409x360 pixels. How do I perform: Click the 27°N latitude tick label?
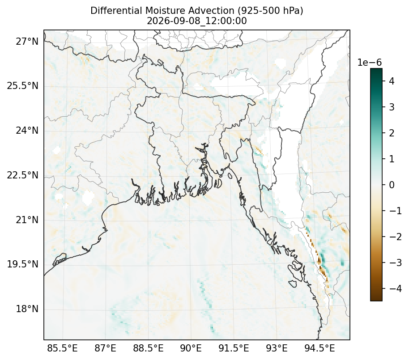[27, 41]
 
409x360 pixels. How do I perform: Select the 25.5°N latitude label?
[23, 86]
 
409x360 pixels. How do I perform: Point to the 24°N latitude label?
[27, 130]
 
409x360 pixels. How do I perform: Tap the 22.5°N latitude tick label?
[23, 175]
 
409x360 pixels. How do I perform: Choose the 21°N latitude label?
[27, 220]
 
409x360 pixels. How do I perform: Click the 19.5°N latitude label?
[23, 264]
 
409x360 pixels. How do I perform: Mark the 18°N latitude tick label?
[27, 309]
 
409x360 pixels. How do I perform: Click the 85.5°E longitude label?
[62, 348]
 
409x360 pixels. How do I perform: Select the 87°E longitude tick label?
[105, 348]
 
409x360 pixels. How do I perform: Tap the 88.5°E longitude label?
[149, 348]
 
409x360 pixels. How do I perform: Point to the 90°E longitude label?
[191, 348]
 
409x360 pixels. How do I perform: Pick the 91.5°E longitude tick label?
[234, 348]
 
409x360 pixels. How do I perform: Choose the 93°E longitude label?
[277, 348]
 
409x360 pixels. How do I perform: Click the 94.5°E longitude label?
[320, 348]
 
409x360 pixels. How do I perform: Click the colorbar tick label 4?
[392, 81]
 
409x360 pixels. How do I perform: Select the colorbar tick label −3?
[396, 263]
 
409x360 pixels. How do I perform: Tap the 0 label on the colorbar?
[392, 185]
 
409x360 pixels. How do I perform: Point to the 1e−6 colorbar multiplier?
[369, 63]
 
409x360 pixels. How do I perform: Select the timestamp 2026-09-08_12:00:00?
[197, 21]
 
